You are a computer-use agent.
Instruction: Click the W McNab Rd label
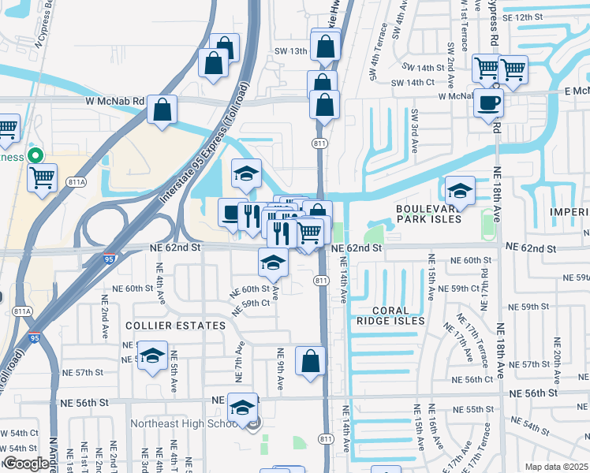[115, 101]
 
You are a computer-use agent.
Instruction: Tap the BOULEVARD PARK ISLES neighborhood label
[428, 214]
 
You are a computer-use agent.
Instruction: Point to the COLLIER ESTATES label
[174, 325]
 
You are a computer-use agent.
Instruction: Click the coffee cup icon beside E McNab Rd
[488, 102]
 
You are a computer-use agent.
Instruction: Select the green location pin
[34, 155]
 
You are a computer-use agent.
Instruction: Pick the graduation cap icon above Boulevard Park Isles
[460, 190]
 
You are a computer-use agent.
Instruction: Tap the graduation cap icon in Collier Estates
[152, 353]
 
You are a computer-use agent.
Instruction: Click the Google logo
[26, 464]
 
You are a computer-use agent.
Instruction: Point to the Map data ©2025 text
[555, 467]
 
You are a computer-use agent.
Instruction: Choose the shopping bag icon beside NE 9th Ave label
[311, 361]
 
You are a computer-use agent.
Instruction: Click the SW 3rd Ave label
[414, 126]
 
